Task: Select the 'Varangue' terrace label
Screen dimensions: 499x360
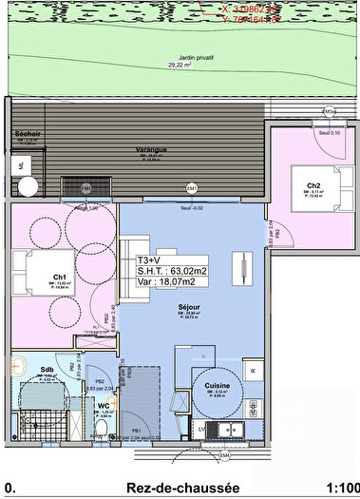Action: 152,149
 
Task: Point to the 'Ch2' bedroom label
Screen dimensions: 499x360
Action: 313,185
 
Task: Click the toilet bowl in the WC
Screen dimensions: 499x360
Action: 101,431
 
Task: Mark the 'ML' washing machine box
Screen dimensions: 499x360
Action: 21,165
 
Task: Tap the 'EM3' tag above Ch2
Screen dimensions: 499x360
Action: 329,111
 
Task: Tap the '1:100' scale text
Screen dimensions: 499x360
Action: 341,488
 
